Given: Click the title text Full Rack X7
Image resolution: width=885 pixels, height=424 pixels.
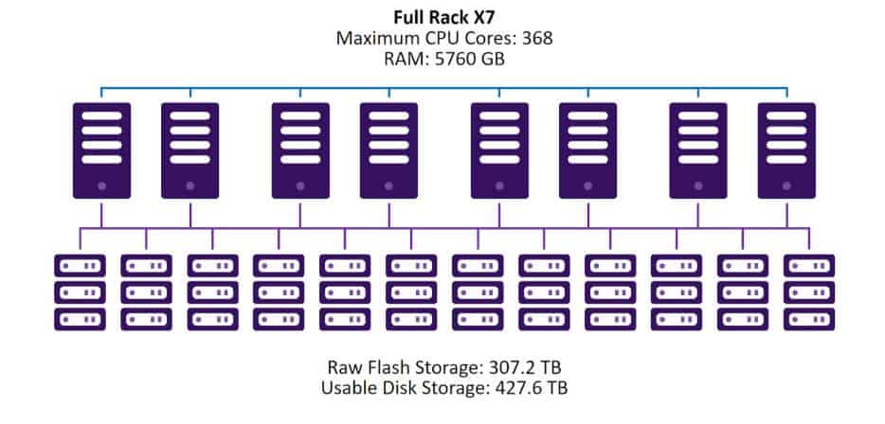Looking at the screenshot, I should coord(442,16).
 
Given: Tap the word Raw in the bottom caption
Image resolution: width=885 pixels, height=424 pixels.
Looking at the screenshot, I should coord(345,367).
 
